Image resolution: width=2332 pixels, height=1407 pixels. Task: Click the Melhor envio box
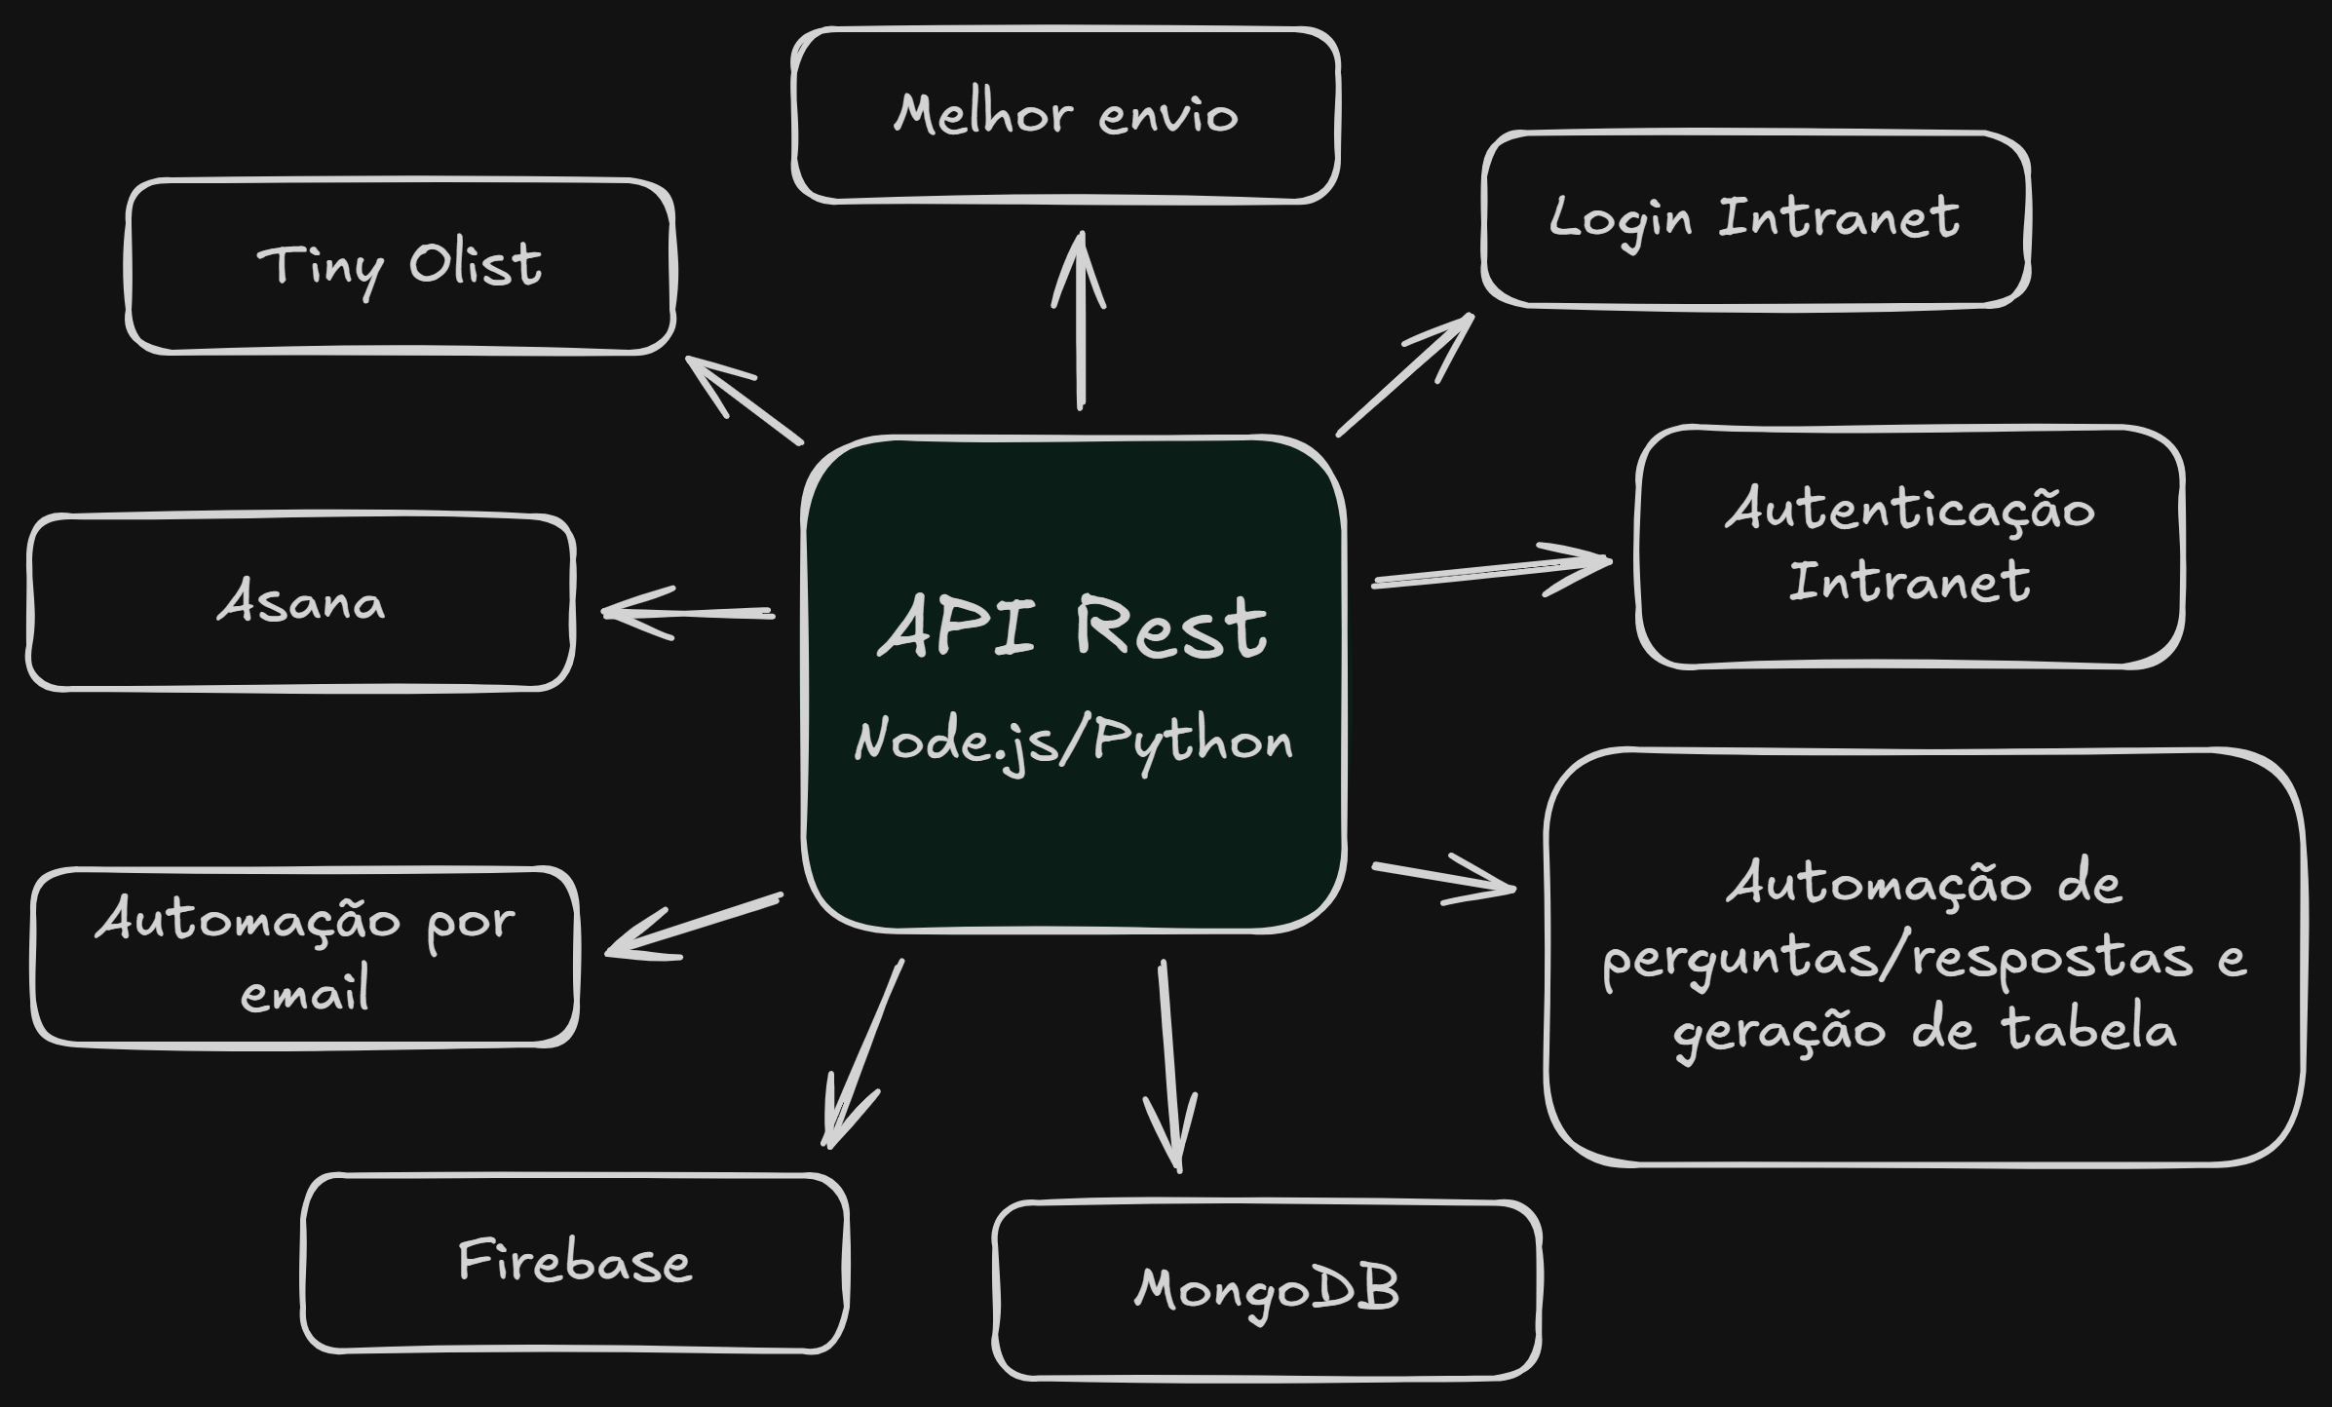click(1066, 115)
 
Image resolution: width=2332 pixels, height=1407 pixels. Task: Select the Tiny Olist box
click(400, 265)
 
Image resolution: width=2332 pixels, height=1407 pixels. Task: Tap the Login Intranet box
click(1755, 219)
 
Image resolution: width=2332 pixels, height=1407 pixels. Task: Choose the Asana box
click(301, 602)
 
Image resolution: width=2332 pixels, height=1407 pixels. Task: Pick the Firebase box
click(575, 1262)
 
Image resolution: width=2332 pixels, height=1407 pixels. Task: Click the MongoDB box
click(1267, 1289)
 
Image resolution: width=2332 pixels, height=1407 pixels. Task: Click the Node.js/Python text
click(1073, 742)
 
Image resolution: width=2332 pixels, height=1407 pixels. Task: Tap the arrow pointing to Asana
click(688, 613)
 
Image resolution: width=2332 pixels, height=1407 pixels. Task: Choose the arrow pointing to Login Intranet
click(1404, 375)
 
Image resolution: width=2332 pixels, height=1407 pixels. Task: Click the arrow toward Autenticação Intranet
click(1491, 572)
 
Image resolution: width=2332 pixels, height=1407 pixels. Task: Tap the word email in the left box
click(305, 993)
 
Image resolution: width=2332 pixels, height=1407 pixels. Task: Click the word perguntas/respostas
click(1896, 959)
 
